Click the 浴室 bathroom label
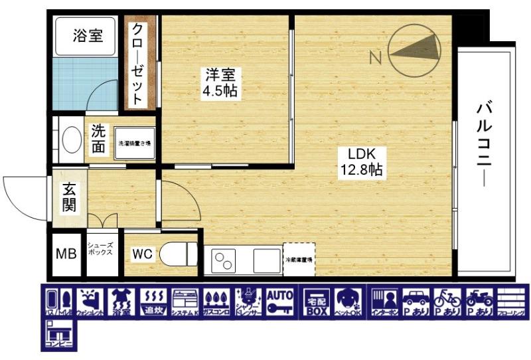tap(88, 35)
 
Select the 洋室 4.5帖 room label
tap(220, 83)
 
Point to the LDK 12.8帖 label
tap(360, 161)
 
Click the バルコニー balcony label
tap(484, 143)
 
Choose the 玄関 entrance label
tap(69, 197)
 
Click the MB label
tap(65, 254)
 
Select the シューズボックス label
tap(101, 250)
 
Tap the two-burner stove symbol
tap(224, 259)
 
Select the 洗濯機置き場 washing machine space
tap(135, 143)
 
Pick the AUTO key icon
tap(280, 303)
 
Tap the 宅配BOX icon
tap(315, 303)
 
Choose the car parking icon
tap(416, 303)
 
